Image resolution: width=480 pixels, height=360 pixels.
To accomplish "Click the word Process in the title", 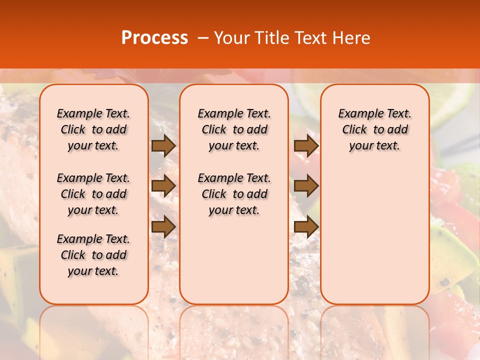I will [x=154, y=38].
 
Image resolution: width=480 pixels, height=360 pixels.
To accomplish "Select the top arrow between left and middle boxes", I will [x=163, y=145].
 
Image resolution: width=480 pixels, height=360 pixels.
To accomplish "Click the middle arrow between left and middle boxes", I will [x=163, y=186].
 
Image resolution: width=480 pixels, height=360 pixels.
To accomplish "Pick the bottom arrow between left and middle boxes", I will [x=163, y=226].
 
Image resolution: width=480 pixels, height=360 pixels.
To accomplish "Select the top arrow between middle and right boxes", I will [x=306, y=145].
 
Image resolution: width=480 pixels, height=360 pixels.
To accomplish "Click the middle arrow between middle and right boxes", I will [x=306, y=186].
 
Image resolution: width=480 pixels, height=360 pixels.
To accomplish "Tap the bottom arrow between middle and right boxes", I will [x=306, y=226].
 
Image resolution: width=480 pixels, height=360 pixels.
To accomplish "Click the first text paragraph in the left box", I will [x=93, y=129].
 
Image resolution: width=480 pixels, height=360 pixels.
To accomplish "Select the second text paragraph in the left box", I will [x=93, y=194].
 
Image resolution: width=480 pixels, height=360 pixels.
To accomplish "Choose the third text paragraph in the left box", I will [x=93, y=255].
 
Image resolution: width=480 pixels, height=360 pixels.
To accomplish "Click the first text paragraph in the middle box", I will [x=234, y=129].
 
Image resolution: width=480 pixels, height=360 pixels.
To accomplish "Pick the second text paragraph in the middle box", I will [x=234, y=194].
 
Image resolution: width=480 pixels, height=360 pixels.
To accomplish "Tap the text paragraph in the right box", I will [x=374, y=129].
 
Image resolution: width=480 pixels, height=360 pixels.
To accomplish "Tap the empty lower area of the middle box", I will [x=234, y=260].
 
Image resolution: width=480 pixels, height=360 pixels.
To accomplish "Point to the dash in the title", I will [x=203, y=38].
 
